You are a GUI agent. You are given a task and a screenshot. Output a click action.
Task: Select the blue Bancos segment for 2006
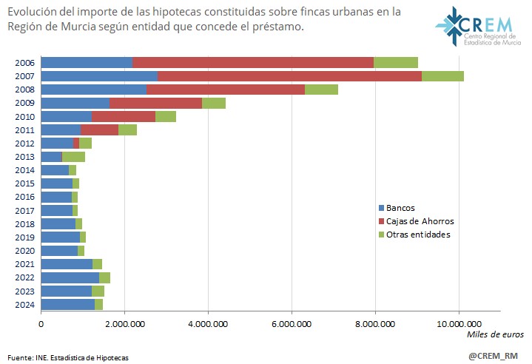pyautogui.click(x=87, y=63)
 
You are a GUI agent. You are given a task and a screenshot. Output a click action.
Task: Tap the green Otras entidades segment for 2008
pyautogui.click(x=321, y=90)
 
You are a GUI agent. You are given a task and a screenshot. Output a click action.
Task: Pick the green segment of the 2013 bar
pyautogui.click(x=73, y=157)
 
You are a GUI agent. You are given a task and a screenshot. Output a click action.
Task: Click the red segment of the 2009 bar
pyautogui.click(x=155, y=103)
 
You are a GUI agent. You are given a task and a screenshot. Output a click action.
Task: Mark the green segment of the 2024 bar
pyautogui.click(x=98, y=304)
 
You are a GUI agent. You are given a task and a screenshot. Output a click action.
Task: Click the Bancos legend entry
pyautogui.click(x=400, y=208)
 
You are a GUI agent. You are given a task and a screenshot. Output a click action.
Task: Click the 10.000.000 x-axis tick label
pyautogui.click(x=459, y=323)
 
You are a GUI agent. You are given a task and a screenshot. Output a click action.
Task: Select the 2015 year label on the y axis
pyautogui.click(x=24, y=183)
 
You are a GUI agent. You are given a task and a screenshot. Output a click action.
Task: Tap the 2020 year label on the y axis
pyautogui.click(x=24, y=251)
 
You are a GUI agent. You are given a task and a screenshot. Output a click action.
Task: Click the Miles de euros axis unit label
pyautogui.click(x=494, y=335)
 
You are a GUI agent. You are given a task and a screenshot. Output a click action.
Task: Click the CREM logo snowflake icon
pyautogui.click(x=449, y=25)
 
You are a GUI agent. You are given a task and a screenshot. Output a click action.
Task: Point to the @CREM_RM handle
pyautogui.click(x=493, y=356)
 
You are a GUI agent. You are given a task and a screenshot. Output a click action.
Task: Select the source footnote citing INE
pyautogui.click(x=67, y=357)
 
